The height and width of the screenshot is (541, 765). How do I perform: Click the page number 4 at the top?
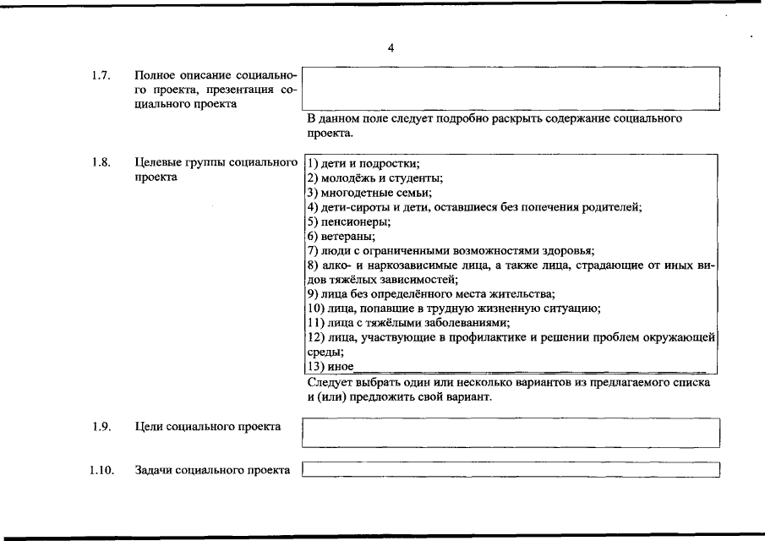click(x=391, y=48)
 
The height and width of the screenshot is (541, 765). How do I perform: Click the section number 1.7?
click(x=101, y=76)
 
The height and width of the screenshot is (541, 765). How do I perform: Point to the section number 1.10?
click(x=101, y=470)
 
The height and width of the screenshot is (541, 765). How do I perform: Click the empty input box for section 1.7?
click(x=511, y=88)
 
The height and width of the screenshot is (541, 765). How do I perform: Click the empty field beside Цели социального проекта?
click(x=511, y=432)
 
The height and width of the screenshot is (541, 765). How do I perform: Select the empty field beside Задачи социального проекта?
click(x=511, y=469)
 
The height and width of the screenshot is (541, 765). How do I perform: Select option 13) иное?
click(x=330, y=367)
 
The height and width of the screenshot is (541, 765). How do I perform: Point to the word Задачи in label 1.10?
click(x=153, y=470)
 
